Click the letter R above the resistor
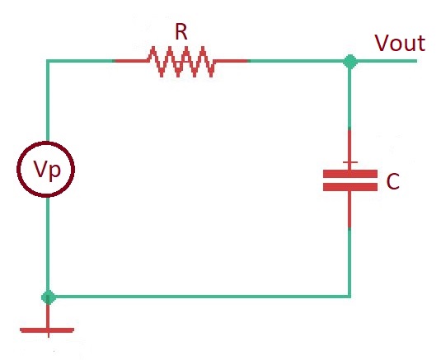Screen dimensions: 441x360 click(x=181, y=32)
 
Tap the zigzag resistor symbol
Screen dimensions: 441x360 click(x=181, y=62)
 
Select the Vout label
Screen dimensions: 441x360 click(x=400, y=43)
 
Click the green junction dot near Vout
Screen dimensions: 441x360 click(x=350, y=61)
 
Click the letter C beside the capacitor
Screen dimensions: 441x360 click(x=393, y=181)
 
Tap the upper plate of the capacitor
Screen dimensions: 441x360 click(x=350, y=174)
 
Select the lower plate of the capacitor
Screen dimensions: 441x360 click(x=350, y=187)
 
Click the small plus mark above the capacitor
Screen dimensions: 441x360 click(x=350, y=162)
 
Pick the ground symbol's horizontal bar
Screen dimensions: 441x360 click(x=47, y=330)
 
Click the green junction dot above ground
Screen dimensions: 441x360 click(x=49, y=297)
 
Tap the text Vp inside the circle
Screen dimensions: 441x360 click(x=47, y=170)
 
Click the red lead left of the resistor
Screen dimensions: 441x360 click(x=130, y=61)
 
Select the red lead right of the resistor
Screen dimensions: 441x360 click(x=232, y=61)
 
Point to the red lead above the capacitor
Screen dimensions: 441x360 click(x=350, y=148)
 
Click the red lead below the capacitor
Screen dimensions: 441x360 click(x=350, y=209)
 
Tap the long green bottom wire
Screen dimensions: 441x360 click(x=199, y=297)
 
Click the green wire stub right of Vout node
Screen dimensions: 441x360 click(x=387, y=61)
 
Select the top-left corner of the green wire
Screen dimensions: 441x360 click(x=48, y=61)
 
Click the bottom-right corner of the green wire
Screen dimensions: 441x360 click(x=350, y=297)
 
